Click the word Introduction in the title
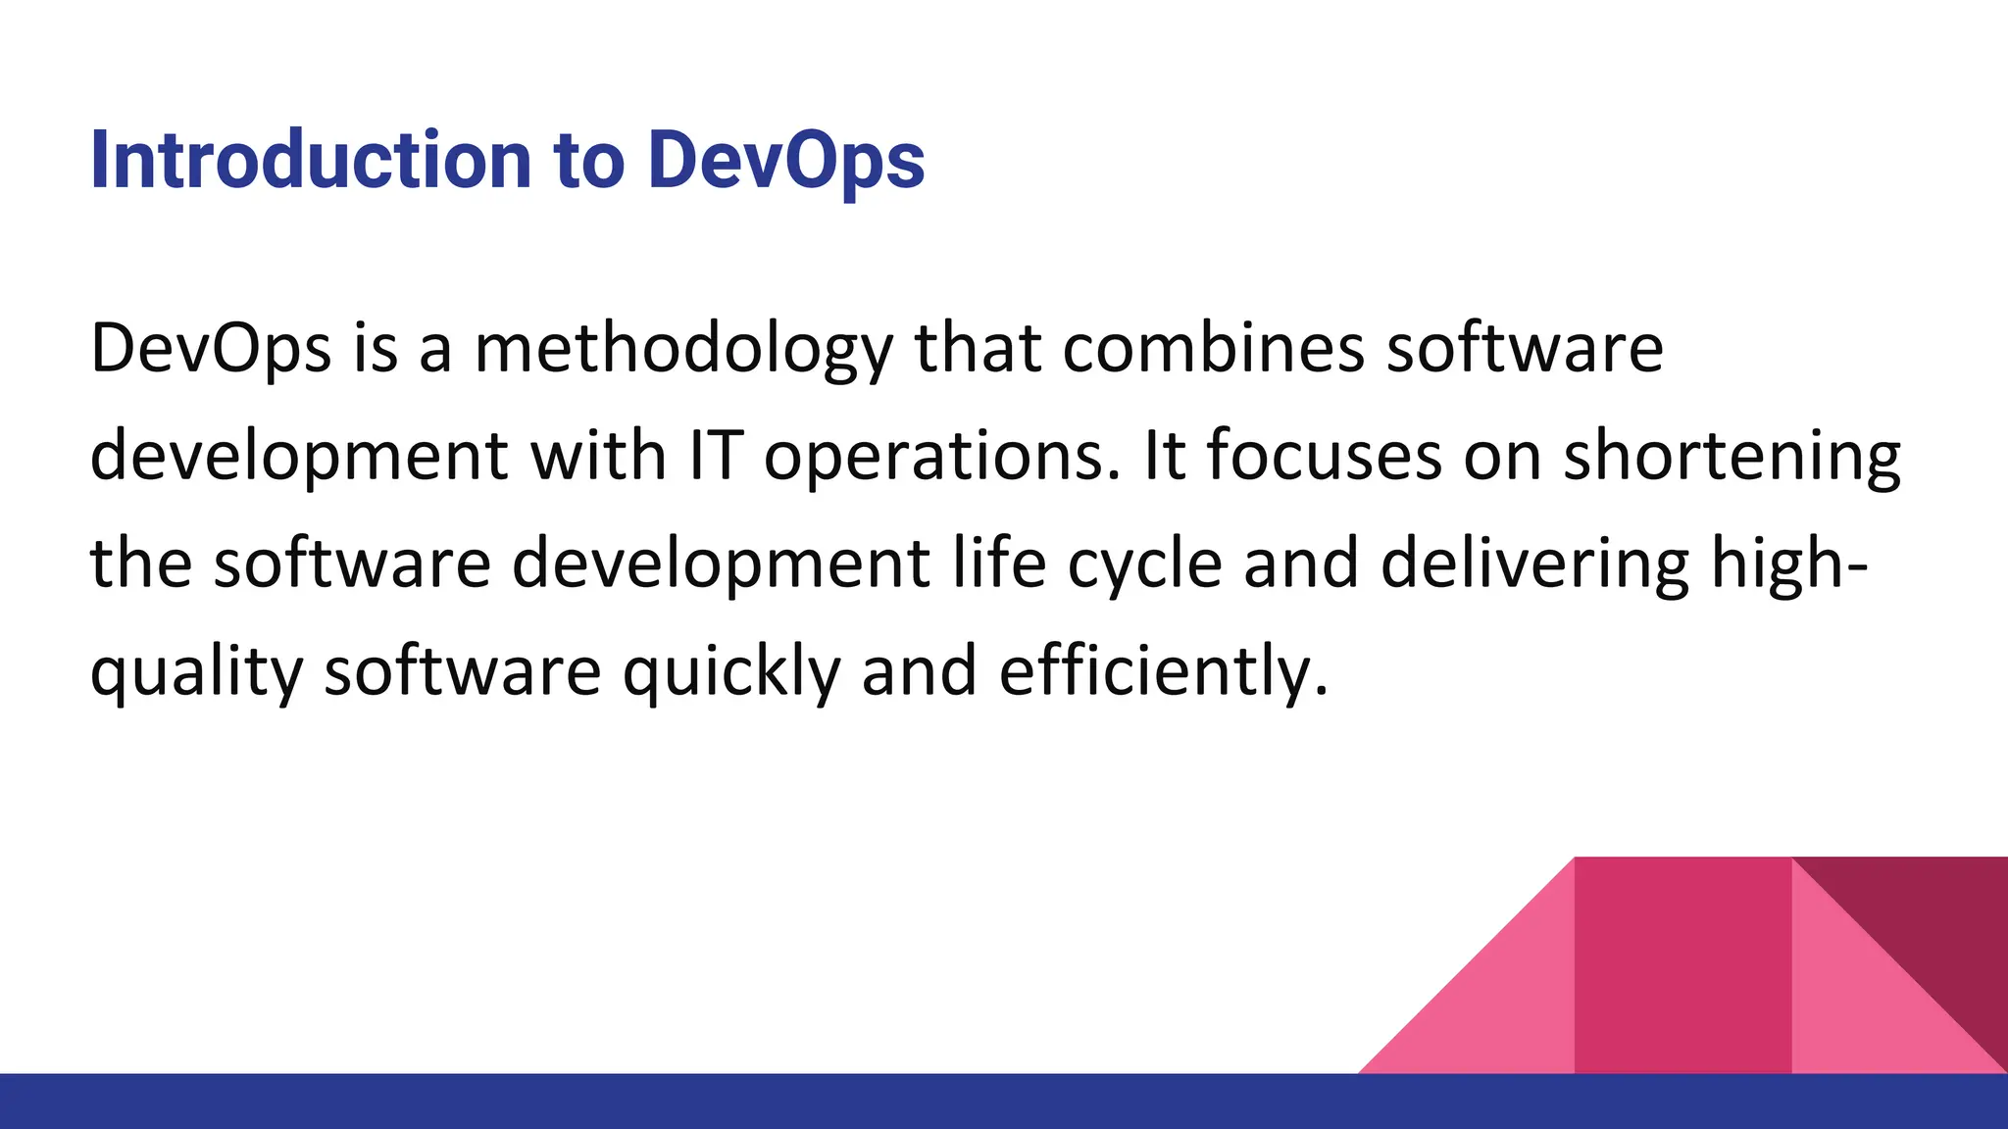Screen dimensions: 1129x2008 click(311, 160)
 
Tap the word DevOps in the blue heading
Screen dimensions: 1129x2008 click(785, 160)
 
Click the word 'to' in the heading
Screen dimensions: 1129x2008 click(588, 160)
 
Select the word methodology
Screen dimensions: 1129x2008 click(683, 350)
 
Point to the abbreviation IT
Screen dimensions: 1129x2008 click(715, 456)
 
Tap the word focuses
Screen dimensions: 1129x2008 click(1324, 456)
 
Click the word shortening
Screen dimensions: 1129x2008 click(1732, 458)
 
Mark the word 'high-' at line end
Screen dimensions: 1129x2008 click(1788, 565)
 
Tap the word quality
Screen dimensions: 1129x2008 click(196, 673)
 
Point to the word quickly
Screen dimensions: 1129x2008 click(731, 673)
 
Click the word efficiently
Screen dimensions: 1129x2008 click(1163, 673)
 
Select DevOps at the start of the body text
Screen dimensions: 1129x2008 click(210, 350)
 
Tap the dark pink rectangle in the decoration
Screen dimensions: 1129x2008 click(1682, 965)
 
